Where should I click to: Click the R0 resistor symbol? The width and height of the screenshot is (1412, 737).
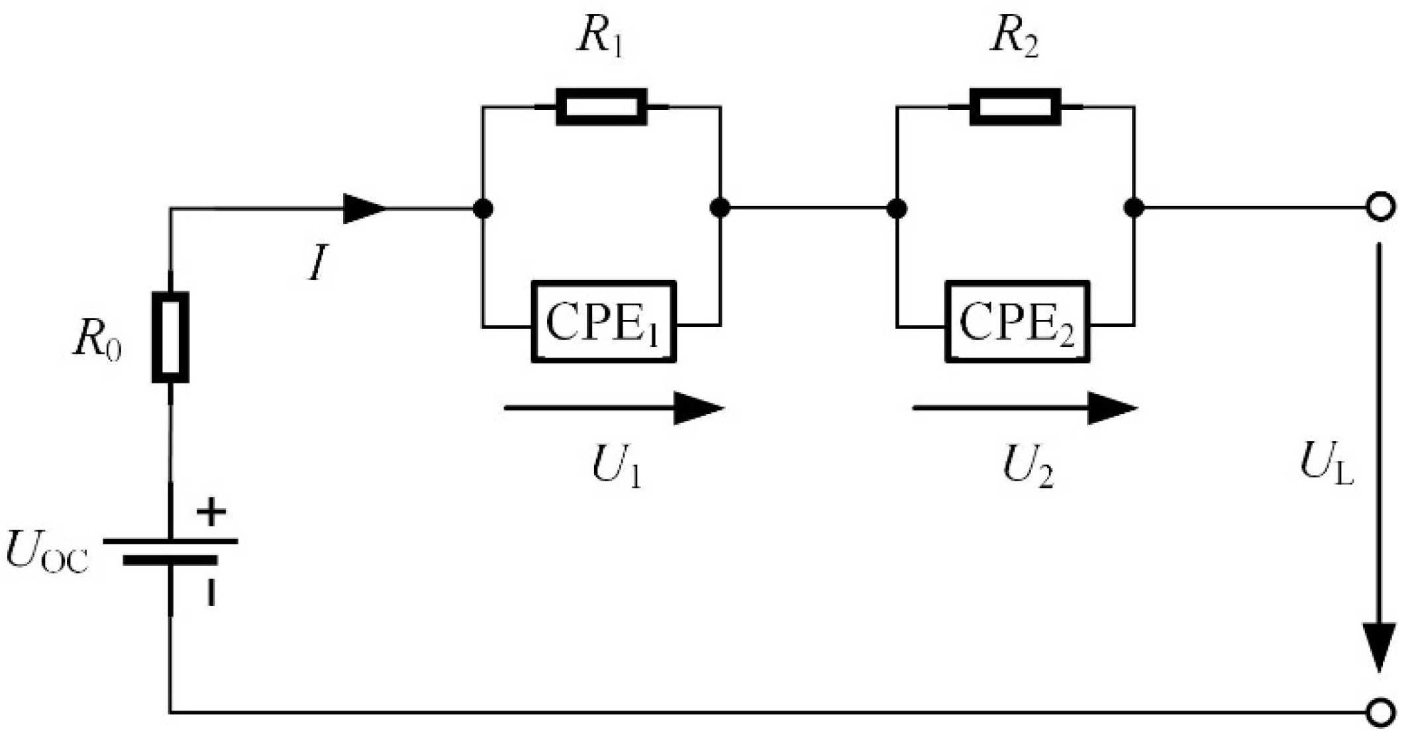[170, 337]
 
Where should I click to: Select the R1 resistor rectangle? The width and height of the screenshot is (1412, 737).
[601, 107]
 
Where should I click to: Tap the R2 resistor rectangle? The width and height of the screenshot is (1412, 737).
[1015, 107]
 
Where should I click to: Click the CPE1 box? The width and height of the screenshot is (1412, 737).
[603, 322]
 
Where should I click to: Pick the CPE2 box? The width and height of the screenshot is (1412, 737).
[1017, 322]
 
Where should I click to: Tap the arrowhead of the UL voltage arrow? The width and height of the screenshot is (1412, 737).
[1379, 646]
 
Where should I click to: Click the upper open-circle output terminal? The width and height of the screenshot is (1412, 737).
[1380, 207]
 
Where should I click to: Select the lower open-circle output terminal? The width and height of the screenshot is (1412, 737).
[1380, 712]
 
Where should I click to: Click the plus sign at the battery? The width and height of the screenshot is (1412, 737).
[211, 512]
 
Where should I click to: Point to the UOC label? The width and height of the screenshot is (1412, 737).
[46, 553]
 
